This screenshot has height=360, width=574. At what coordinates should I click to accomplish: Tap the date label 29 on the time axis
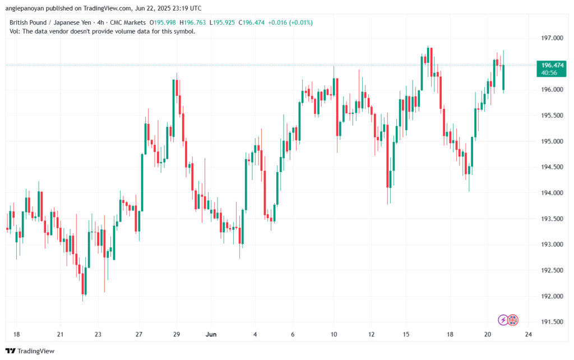pyautogui.click(x=176, y=334)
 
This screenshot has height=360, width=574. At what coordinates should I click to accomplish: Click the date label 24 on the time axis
pyautogui.click(x=527, y=334)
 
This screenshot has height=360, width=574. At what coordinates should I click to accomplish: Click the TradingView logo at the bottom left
pyautogui.click(x=33, y=351)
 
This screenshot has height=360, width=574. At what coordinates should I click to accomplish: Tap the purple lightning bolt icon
pyautogui.click(x=503, y=320)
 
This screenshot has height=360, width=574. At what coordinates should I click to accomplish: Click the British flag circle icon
pyautogui.click(x=513, y=320)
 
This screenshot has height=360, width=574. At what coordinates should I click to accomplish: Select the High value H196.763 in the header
pyautogui.click(x=191, y=22)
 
